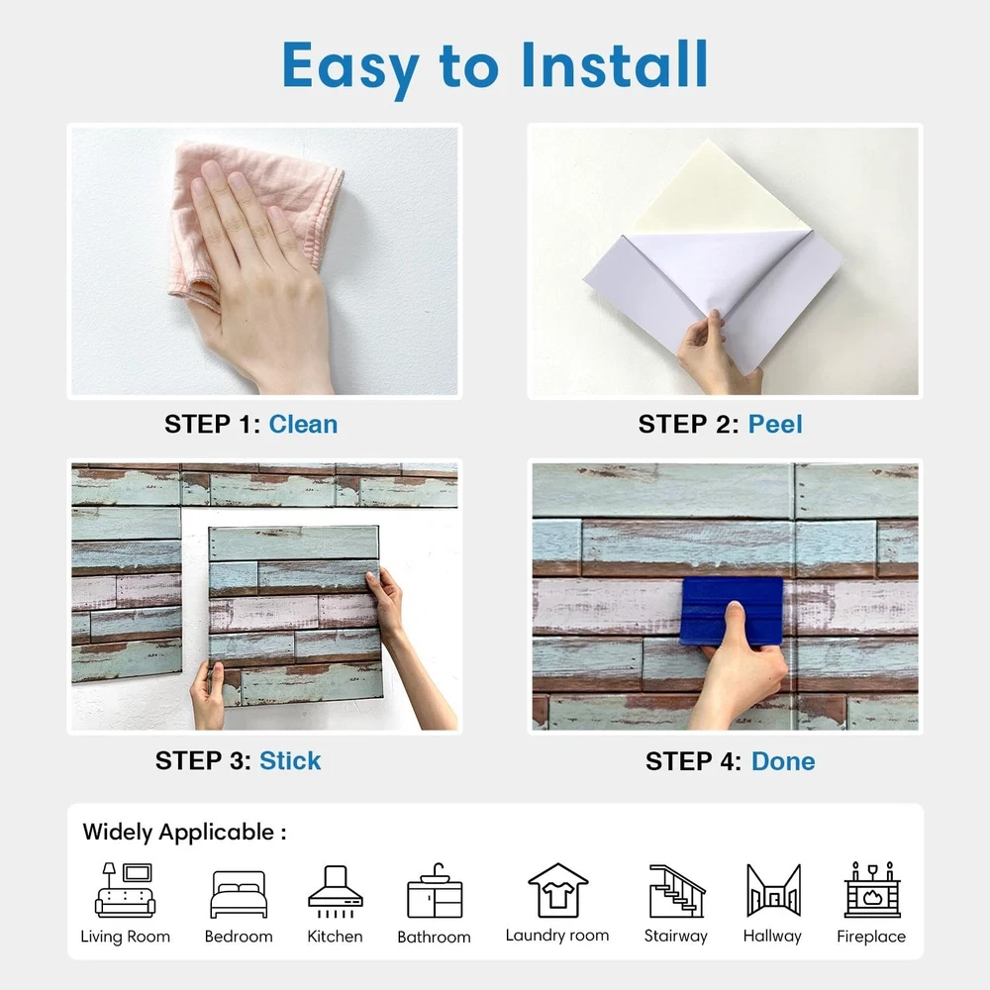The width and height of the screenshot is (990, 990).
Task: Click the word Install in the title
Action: [615, 64]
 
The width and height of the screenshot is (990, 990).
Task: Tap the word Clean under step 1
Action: [303, 425]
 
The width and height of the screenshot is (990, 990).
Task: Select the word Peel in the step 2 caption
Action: [775, 425]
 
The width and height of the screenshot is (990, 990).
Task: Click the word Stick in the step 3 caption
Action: [290, 760]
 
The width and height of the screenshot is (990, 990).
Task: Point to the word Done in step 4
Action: [783, 761]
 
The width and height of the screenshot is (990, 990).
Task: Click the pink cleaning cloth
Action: [252, 215]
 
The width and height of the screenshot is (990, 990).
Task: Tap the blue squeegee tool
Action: [733, 610]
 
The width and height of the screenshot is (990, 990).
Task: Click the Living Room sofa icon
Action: [125, 890]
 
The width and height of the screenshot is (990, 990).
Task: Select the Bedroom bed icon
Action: [239, 894]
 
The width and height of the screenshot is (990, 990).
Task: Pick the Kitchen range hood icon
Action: [336, 891]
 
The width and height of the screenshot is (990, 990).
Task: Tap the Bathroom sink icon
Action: [435, 891]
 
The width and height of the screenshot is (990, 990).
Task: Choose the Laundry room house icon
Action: [558, 890]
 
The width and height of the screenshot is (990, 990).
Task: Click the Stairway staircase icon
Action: [677, 891]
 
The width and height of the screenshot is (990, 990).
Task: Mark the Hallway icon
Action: [773, 890]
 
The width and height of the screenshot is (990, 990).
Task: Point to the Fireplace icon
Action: [872, 890]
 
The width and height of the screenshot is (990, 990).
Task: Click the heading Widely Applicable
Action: [184, 833]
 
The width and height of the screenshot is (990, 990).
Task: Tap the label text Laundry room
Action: [556, 936]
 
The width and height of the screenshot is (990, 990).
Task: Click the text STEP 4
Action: [693, 761]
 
